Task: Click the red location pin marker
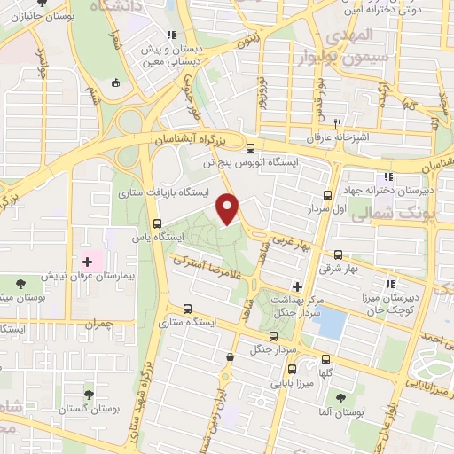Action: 229,207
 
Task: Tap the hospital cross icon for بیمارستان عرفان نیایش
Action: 87,261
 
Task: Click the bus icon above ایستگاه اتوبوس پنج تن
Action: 250,148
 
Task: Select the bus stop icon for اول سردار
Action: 327,195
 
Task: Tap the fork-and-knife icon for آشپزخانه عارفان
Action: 336,124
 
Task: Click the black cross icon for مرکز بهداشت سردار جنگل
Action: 297,286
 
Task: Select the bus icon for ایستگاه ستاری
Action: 186,309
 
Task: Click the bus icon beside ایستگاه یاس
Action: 158,223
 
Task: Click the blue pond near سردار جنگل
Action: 330,324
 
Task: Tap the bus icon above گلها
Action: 326,359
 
